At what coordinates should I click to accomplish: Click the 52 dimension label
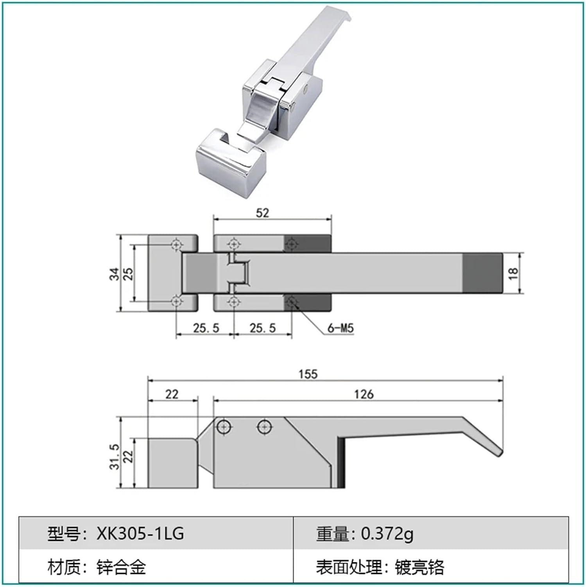(x=262, y=213)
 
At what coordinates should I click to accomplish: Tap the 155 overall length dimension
(x=308, y=374)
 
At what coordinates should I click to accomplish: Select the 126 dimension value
(x=364, y=394)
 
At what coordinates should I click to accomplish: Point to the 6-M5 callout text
(x=340, y=328)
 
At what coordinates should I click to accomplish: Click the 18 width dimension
(x=513, y=273)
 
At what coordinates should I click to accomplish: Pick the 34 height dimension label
(x=114, y=274)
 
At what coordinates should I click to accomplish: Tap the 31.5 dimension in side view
(x=114, y=456)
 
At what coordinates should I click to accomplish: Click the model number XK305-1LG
(x=140, y=533)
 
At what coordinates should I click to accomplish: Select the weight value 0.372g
(x=387, y=533)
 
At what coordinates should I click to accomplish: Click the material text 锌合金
(x=121, y=567)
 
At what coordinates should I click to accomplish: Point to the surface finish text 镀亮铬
(x=419, y=567)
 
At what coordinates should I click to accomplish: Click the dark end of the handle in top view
(x=482, y=273)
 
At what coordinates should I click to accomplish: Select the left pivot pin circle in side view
(x=224, y=427)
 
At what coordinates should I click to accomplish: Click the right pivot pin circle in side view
(x=265, y=427)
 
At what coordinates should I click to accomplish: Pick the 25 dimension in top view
(x=128, y=274)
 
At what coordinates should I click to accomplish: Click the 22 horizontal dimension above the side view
(x=172, y=394)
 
